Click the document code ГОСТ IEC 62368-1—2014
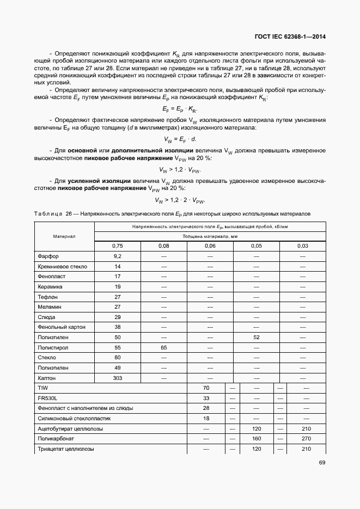[293, 37]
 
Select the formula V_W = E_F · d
[180, 139]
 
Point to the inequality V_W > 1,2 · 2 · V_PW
[180, 200]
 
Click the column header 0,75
[117, 246]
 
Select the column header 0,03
[302, 246]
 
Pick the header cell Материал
[64, 236]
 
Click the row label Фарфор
[48, 256]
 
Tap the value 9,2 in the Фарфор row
[117, 256]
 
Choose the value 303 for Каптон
[117, 378]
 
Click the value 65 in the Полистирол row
[163, 347]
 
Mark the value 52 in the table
[256, 338]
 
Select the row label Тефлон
[47, 297]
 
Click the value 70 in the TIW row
[206, 388]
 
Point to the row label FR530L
[47, 398]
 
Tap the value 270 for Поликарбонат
[306, 439]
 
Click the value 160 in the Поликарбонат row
[257, 439]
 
